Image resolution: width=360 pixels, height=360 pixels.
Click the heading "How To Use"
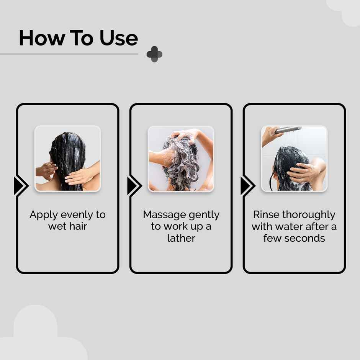click(78, 38)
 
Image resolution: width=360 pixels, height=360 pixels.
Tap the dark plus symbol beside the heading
click(154, 54)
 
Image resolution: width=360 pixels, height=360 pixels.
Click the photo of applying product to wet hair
click(67, 159)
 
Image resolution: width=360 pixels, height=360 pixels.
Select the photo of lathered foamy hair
click(181, 159)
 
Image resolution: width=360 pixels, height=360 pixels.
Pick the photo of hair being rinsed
click(294, 159)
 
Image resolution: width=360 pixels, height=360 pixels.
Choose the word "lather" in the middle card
click(181, 238)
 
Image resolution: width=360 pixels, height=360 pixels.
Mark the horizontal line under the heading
click(69, 54)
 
